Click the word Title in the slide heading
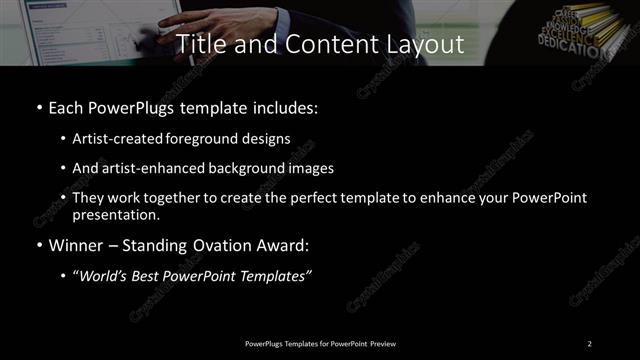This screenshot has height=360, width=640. pyautogui.click(x=198, y=44)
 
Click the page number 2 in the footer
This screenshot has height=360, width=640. pyautogui.click(x=590, y=343)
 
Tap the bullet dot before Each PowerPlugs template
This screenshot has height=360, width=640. pyautogui.click(x=38, y=107)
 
